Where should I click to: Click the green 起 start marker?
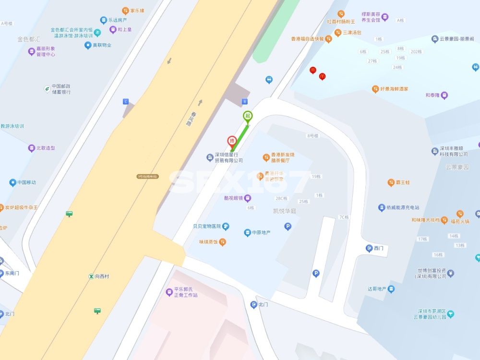click(248, 116)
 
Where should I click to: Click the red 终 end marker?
click(231, 141)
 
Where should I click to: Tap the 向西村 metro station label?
click(102, 276)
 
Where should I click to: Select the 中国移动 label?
click(26, 182)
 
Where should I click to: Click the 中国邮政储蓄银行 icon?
click(47, 89)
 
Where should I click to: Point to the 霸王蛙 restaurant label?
click(402, 182)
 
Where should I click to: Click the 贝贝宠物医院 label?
click(206, 226)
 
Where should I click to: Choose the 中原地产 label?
click(261, 233)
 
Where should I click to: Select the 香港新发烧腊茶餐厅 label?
click(283, 157)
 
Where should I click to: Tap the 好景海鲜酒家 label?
click(394, 89)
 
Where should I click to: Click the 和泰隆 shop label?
click(432, 95)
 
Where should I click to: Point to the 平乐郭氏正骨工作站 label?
click(185, 292)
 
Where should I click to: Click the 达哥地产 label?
click(377, 289)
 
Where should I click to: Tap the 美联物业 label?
click(102, 45)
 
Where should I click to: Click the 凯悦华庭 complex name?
click(285, 210)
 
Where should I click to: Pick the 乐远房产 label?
click(117, 20)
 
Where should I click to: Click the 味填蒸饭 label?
click(209, 242)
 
